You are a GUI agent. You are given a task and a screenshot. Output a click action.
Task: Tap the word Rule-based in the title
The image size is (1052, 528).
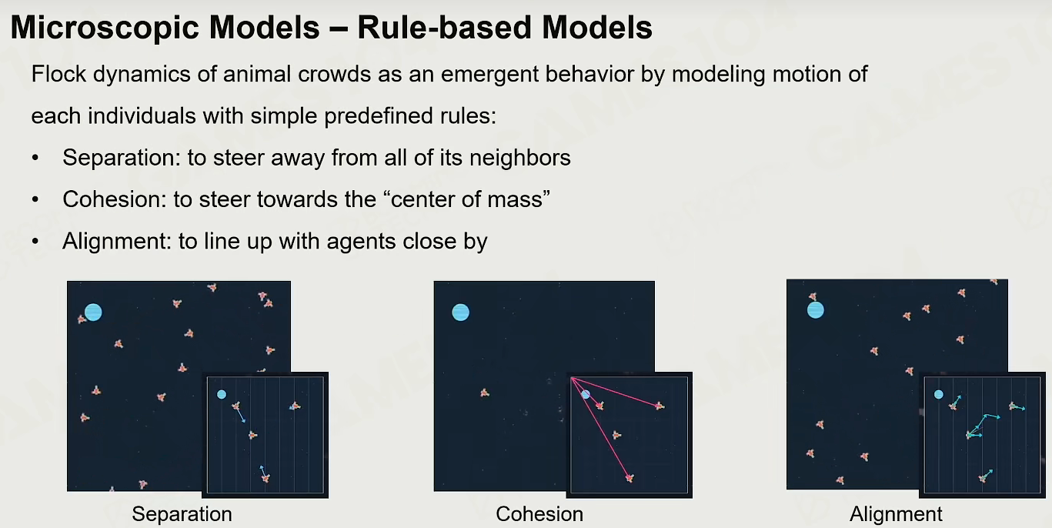pos(444,27)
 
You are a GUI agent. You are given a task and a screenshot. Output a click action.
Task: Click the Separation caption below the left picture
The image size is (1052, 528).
pos(182,514)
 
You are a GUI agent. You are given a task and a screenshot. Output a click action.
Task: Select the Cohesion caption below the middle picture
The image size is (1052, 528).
pos(539,514)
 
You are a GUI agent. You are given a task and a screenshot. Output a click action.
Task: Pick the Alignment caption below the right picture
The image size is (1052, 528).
pos(896,514)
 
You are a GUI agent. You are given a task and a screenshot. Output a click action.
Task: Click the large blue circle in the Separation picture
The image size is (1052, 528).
pos(93,312)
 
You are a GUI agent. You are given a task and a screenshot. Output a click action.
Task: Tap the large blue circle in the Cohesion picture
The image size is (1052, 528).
pos(460,312)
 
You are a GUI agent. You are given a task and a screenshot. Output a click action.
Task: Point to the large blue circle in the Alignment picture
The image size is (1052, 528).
pos(815,310)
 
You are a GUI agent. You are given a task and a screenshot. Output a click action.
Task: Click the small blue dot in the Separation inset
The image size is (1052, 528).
pos(222,395)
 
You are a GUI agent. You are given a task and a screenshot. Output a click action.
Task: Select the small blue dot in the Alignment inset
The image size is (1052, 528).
pos(938,395)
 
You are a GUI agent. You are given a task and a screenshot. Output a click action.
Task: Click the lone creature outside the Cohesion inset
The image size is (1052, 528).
pos(485,393)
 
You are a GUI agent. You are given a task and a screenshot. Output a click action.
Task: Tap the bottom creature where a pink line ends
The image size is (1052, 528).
pos(630,478)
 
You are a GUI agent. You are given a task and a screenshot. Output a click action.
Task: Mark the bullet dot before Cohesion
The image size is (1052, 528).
pos(35,199)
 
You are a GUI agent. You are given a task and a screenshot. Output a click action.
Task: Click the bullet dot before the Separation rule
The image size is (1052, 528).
pos(35,158)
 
